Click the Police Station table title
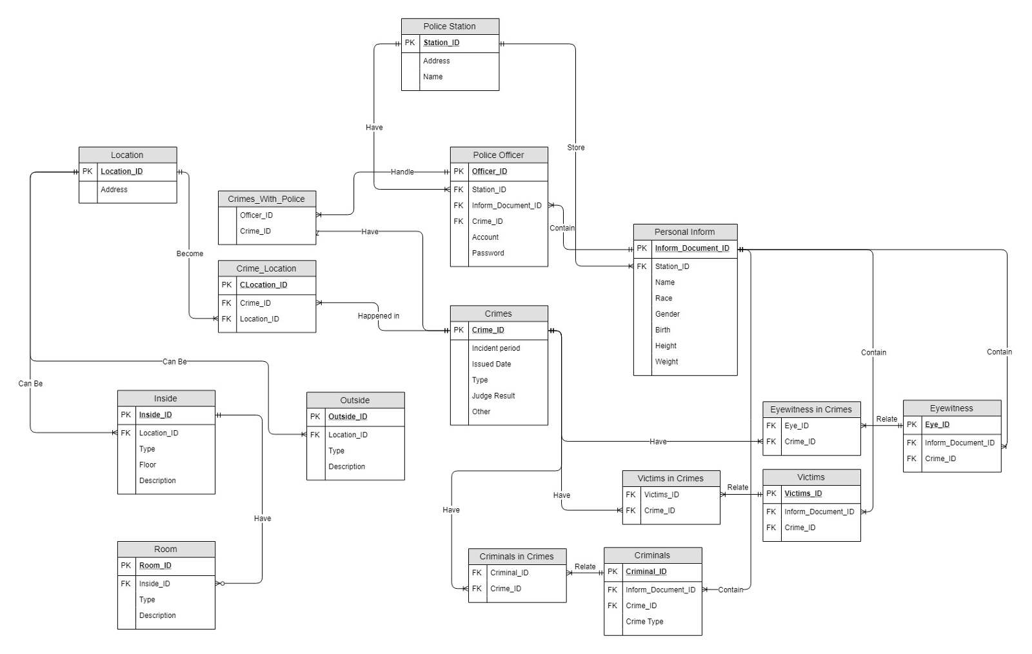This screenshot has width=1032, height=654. tap(450, 26)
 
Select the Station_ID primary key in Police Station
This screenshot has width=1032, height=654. tap(441, 43)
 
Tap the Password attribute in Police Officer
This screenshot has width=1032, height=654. tap(488, 253)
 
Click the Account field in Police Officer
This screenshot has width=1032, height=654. tap(485, 237)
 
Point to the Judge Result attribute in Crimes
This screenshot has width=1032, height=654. tap(493, 396)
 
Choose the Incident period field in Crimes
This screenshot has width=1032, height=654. tap(495, 348)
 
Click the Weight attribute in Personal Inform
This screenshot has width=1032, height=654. tap(666, 362)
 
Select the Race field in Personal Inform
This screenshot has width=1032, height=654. tap(663, 299)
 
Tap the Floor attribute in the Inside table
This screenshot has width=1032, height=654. tap(147, 465)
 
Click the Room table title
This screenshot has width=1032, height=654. tap(165, 550)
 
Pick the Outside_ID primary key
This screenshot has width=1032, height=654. tap(348, 417)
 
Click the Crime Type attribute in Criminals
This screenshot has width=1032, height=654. tap(644, 622)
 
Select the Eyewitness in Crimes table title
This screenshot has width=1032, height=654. tap(811, 410)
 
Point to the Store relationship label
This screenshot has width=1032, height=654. tap(576, 148)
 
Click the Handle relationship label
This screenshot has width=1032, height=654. tap(402, 172)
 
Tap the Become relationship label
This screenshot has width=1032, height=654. tap(190, 253)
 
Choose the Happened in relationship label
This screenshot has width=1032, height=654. tap(378, 316)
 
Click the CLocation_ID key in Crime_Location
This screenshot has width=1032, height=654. tap(263, 285)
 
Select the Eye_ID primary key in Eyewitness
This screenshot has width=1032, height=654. tap(937, 424)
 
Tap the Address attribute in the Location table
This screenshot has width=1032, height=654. tap(114, 190)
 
